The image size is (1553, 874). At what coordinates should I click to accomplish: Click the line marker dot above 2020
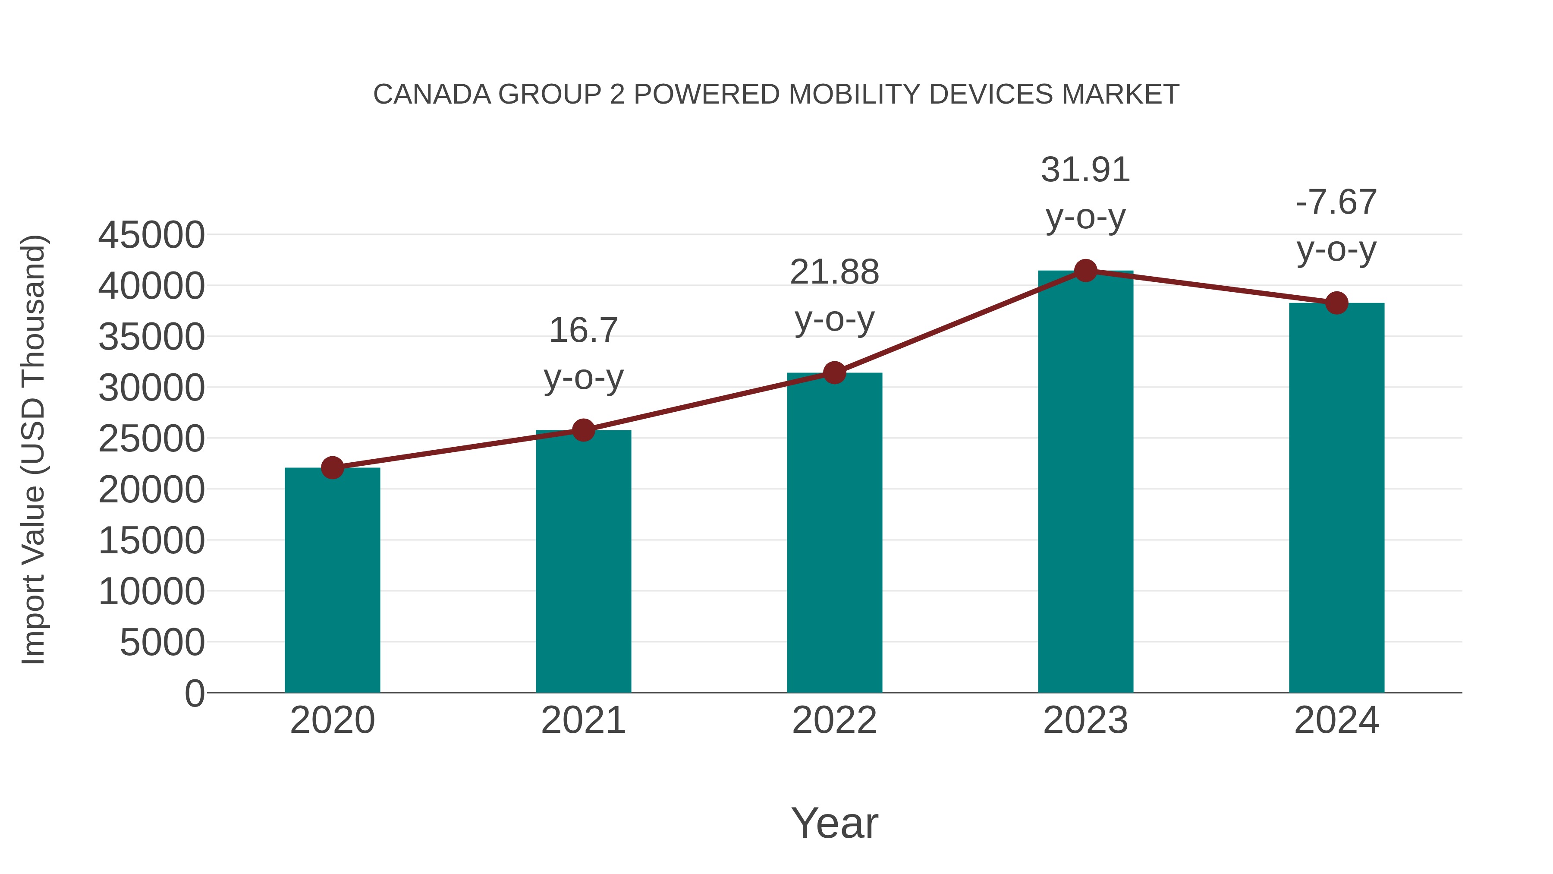point(332,467)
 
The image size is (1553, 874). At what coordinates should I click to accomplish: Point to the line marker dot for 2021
point(583,430)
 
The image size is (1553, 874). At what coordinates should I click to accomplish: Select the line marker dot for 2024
point(1336,303)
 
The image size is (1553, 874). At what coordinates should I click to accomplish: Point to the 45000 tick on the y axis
point(151,235)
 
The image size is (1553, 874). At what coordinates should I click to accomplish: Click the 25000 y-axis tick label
point(151,439)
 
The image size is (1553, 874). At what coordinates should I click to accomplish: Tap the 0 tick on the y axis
point(194,693)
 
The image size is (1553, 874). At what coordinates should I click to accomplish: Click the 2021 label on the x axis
point(583,720)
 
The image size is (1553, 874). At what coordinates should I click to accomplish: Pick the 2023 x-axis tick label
point(1085,720)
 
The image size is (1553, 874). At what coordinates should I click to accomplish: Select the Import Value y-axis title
point(33,449)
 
